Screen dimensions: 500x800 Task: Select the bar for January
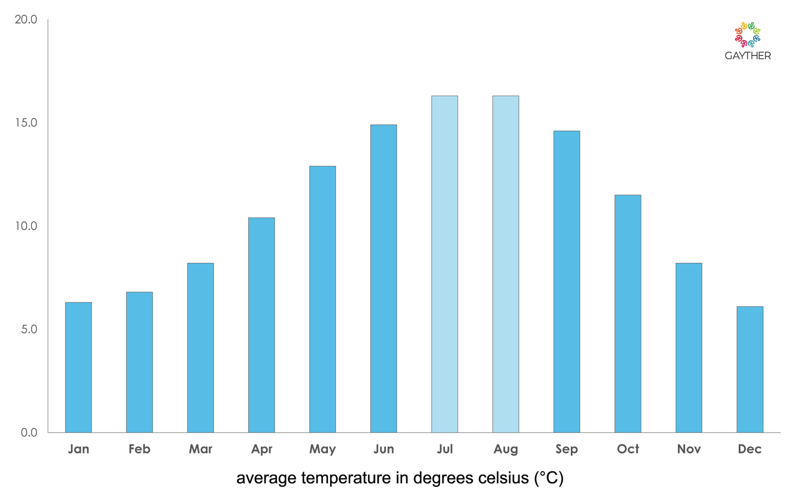click(78, 367)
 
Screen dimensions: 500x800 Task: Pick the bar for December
click(749, 369)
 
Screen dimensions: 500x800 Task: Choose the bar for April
click(261, 325)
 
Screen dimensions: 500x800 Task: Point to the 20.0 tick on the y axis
click(26, 19)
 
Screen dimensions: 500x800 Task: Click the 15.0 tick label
click(26, 123)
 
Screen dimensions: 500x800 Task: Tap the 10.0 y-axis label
click(26, 226)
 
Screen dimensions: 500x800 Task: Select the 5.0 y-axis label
click(29, 329)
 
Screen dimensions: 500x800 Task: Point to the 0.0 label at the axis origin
click(29, 432)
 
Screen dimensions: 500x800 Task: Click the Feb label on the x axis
click(139, 449)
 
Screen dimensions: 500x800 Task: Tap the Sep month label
click(566, 449)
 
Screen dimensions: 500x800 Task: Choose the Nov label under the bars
click(688, 449)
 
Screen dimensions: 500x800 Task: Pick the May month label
click(322, 449)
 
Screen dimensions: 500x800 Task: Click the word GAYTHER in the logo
click(747, 56)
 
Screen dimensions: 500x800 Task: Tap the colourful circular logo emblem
click(747, 34)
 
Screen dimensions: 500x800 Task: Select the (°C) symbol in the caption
click(549, 478)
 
